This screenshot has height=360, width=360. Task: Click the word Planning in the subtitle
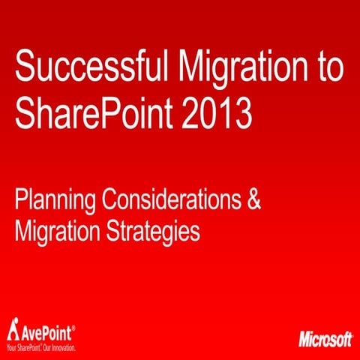coord(55,202)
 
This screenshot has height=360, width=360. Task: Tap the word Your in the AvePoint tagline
coord(11,347)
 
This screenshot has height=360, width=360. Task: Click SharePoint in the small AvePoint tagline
coord(31,347)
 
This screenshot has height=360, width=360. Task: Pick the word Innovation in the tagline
coord(64,347)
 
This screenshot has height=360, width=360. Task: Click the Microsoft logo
coord(325,339)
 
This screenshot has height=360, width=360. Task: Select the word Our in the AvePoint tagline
coord(49,347)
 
